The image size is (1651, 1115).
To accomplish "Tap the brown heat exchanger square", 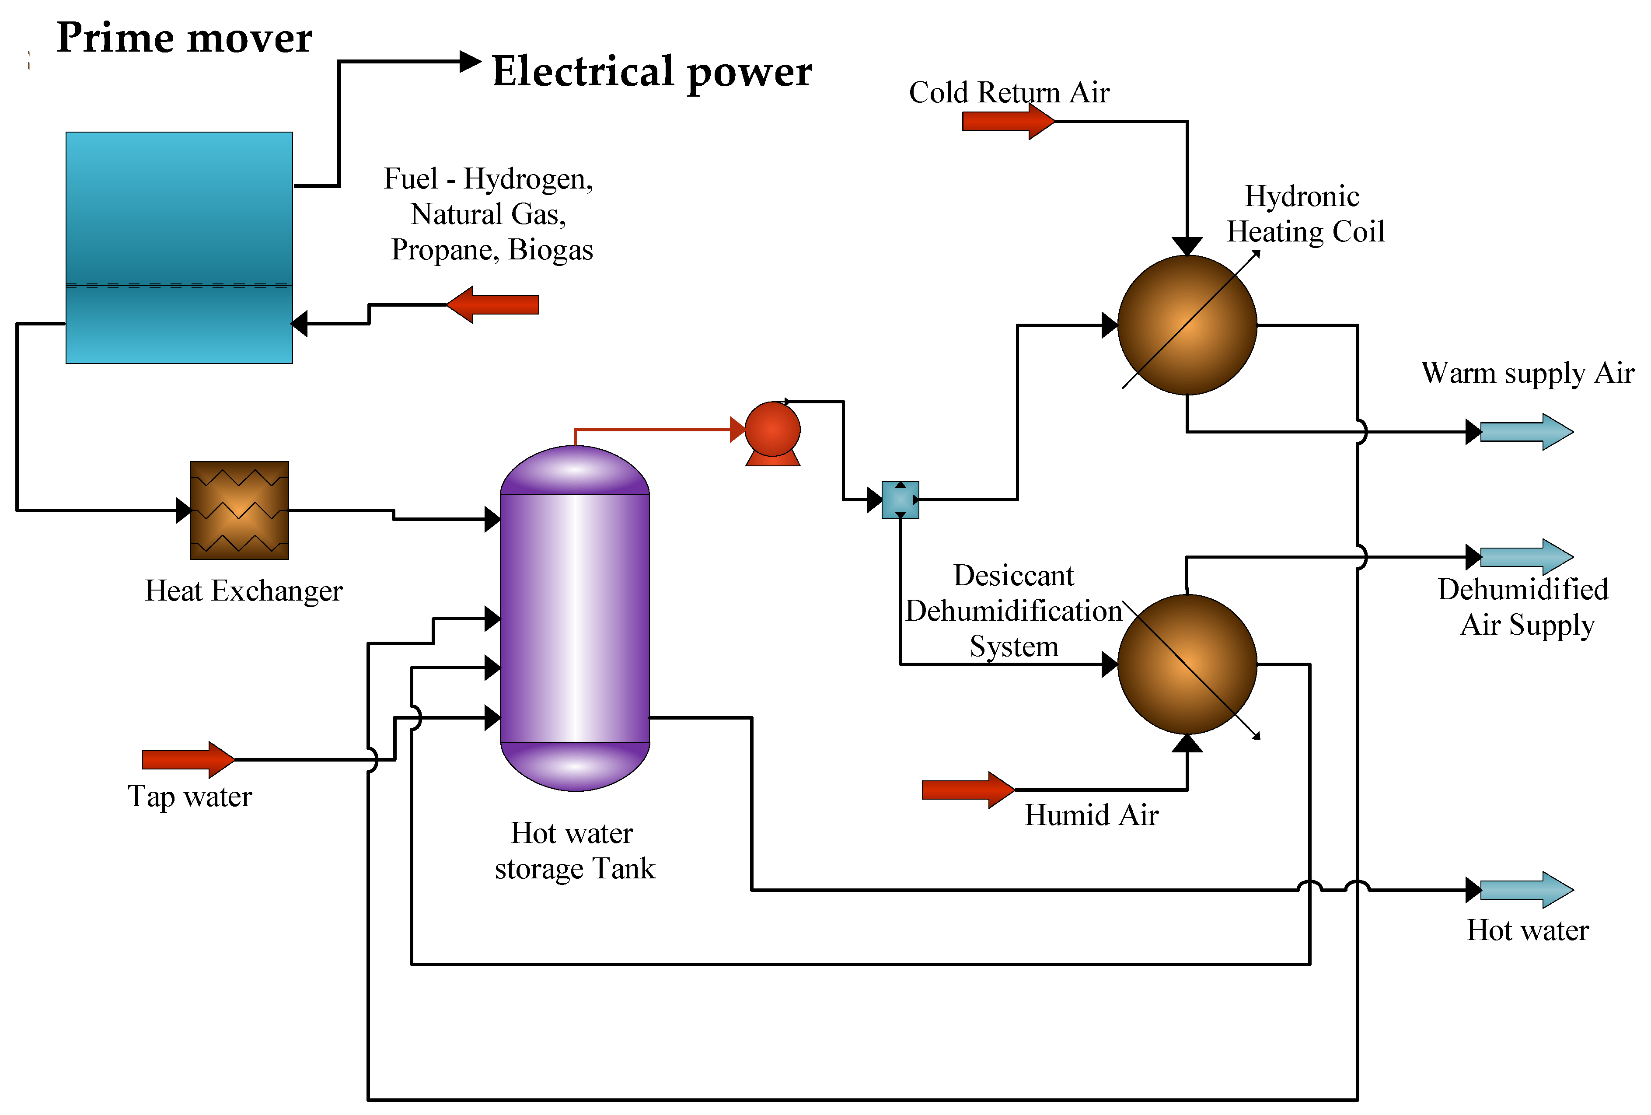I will [x=239, y=510].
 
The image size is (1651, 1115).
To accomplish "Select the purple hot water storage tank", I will [x=575, y=618].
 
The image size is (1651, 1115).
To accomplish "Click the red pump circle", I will [x=772, y=429].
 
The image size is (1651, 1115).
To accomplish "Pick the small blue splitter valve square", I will [x=900, y=500].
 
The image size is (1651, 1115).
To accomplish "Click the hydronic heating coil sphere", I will [x=1187, y=325].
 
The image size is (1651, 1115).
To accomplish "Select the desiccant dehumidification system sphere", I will [x=1187, y=664].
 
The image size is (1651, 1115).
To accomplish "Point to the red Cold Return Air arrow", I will [x=1007, y=122].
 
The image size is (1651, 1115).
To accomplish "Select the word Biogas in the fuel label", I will [x=551, y=250].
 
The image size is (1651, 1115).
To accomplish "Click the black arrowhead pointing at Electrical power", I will [x=470, y=62].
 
